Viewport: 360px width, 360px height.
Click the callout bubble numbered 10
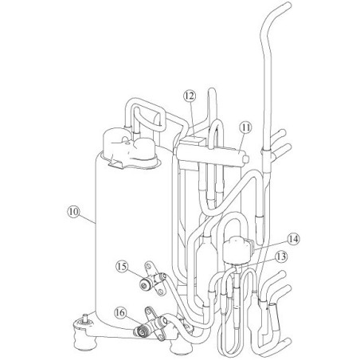click(73, 212)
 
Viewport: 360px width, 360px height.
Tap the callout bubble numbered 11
click(246, 127)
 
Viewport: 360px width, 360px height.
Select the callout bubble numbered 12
click(190, 96)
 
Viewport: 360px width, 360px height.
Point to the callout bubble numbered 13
click(281, 256)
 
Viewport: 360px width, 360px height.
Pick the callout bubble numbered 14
click(293, 239)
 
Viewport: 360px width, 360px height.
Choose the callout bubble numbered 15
click(122, 267)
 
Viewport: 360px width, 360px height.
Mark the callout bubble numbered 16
click(120, 312)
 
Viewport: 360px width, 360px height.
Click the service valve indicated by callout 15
click(153, 280)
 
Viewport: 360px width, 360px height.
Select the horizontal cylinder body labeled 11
click(211, 155)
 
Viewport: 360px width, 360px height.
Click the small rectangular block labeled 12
click(193, 141)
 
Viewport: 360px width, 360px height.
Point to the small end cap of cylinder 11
click(247, 158)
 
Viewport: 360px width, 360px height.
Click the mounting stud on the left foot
click(85, 318)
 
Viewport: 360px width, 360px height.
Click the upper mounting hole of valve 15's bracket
click(148, 265)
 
